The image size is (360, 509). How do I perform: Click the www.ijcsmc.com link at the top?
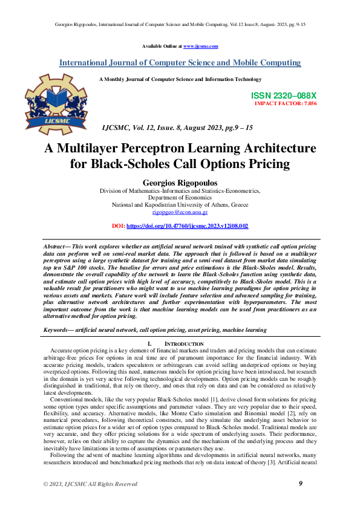(x=200, y=46)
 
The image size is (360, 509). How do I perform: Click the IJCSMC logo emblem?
(x=51, y=103)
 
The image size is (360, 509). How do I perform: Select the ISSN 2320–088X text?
(x=284, y=96)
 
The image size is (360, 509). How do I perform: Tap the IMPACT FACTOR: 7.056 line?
(x=286, y=103)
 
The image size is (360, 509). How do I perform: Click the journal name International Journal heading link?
(x=180, y=63)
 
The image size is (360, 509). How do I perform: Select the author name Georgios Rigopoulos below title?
(x=180, y=181)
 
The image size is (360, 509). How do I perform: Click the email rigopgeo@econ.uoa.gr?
(x=180, y=212)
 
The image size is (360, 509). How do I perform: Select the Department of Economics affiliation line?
(x=180, y=197)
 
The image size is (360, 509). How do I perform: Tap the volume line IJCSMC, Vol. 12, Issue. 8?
(x=178, y=128)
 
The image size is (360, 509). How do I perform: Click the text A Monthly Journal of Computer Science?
(x=180, y=79)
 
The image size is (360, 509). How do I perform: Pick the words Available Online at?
(x=162, y=46)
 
